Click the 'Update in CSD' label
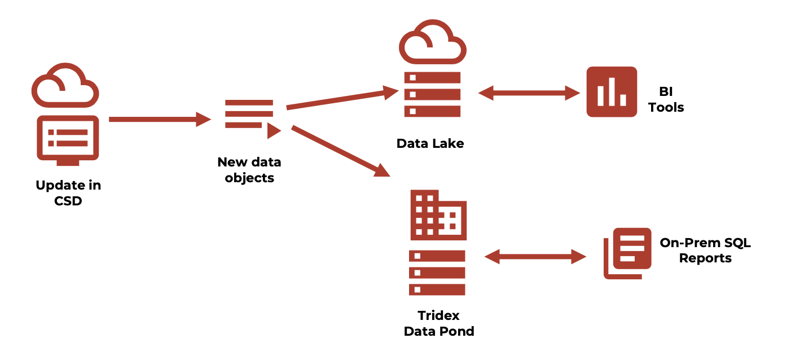click(x=68, y=192)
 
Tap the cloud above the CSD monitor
click(x=65, y=86)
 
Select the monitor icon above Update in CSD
click(x=68, y=139)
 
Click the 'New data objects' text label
click(x=249, y=170)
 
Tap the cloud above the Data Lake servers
click(x=432, y=42)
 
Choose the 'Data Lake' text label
click(x=430, y=143)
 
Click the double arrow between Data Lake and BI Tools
click(x=529, y=93)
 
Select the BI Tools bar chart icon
click(x=612, y=92)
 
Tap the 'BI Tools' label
click(x=666, y=99)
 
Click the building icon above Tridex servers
click(x=438, y=214)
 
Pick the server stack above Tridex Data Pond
click(x=437, y=273)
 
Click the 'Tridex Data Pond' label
click(x=439, y=323)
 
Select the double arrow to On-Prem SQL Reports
click(x=535, y=257)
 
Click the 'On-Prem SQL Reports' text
click(x=705, y=251)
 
